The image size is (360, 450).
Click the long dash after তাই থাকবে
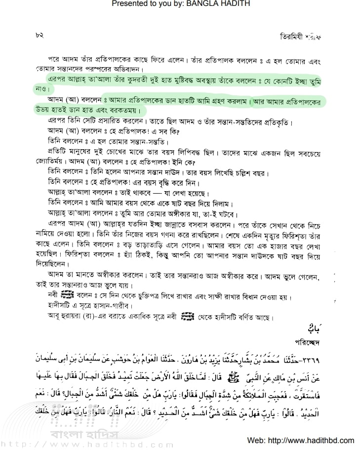(x=148, y=193)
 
